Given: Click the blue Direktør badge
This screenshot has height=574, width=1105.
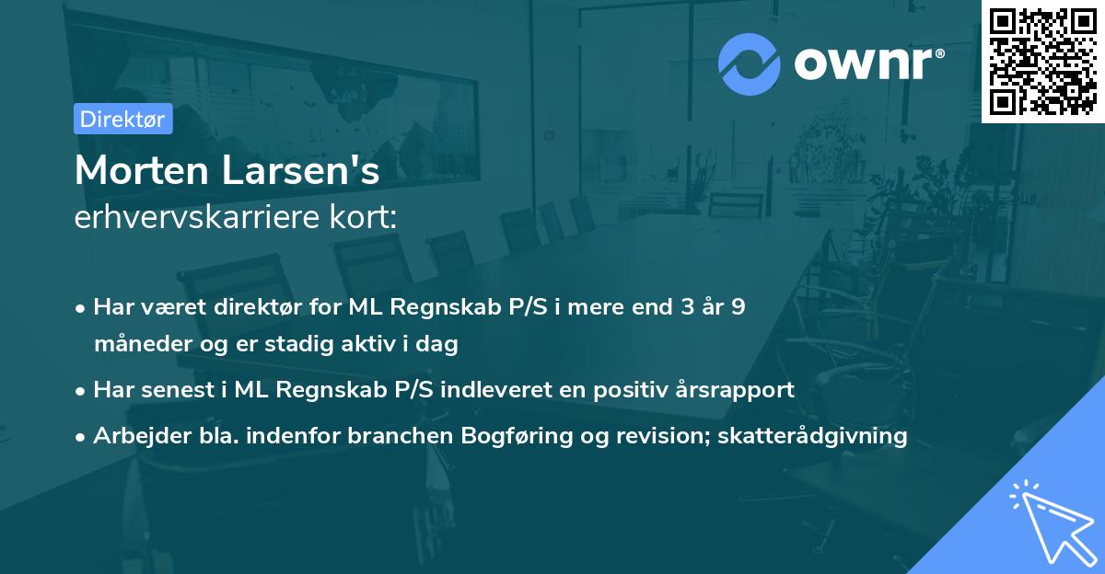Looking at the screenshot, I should [x=122, y=119].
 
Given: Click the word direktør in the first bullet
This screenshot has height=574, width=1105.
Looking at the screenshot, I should [x=262, y=307].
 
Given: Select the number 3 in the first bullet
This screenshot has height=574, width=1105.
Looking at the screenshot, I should [x=686, y=307].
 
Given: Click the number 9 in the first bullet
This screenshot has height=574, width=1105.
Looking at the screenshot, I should [x=738, y=307].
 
